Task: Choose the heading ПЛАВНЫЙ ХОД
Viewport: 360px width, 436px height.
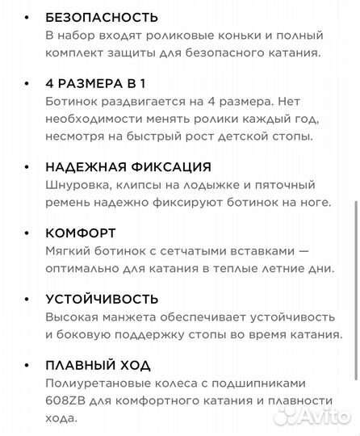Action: coord(98,366)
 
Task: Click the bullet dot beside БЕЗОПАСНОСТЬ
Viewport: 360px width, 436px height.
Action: coord(29,17)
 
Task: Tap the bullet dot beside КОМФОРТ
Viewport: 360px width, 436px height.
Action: coord(29,233)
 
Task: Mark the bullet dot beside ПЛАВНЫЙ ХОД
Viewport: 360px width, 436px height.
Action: coord(29,366)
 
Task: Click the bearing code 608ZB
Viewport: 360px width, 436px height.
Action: coord(65,401)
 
